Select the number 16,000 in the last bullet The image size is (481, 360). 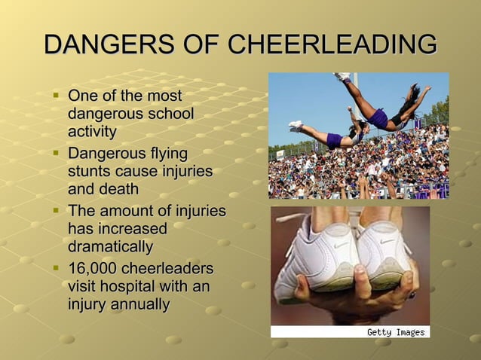pos(93,269)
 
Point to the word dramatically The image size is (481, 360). pos(110,246)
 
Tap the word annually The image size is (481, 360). pos(138,304)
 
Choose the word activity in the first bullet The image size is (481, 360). pos(92,132)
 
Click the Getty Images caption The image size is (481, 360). pos(395,332)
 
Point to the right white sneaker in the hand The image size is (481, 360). pos(384,256)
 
